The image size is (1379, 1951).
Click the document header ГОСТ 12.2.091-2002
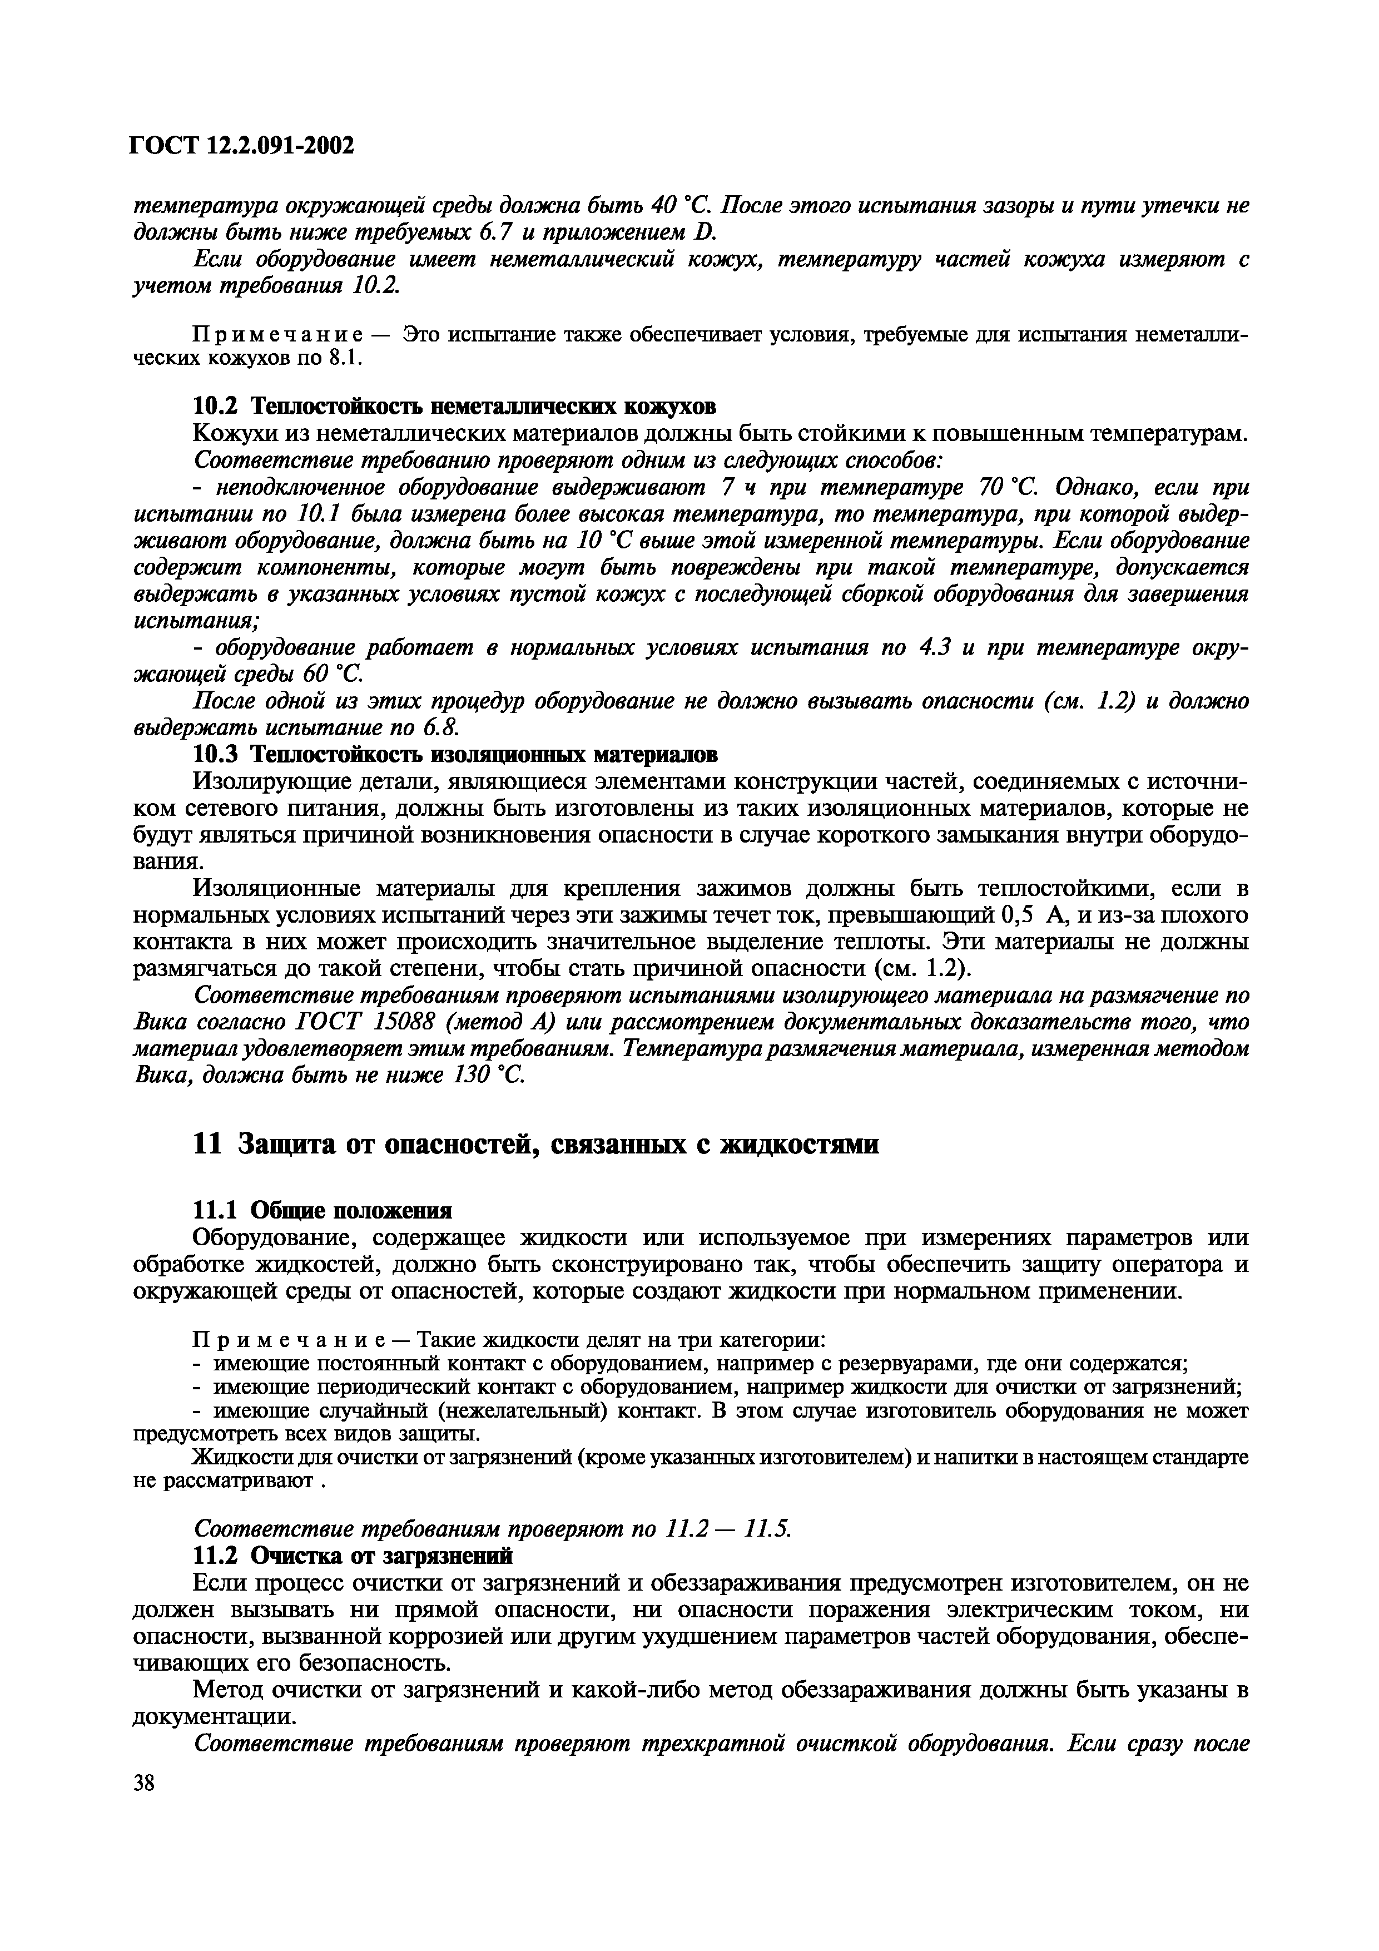[241, 146]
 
